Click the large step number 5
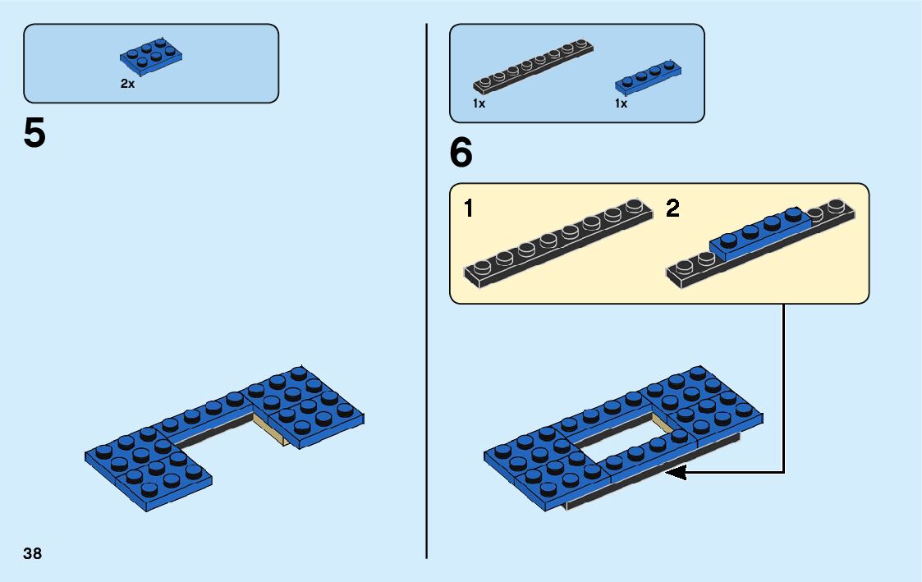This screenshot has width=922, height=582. click(x=34, y=134)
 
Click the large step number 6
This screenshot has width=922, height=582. click(x=461, y=153)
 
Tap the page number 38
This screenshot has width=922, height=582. click(x=33, y=553)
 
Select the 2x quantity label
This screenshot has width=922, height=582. click(x=127, y=84)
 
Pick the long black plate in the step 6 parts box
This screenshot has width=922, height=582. click(x=534, y=65)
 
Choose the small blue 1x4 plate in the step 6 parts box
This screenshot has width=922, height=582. click(x=649, y=76)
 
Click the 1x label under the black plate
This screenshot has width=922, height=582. click(x=479, y=104)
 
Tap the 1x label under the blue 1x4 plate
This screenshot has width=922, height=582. click(x=621, y=104)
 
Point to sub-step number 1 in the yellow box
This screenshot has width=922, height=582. click(x=468, y=209)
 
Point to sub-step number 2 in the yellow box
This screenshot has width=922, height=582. click(x=672, y=209)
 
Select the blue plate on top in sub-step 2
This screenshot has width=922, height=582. click(x=759, y=231)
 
